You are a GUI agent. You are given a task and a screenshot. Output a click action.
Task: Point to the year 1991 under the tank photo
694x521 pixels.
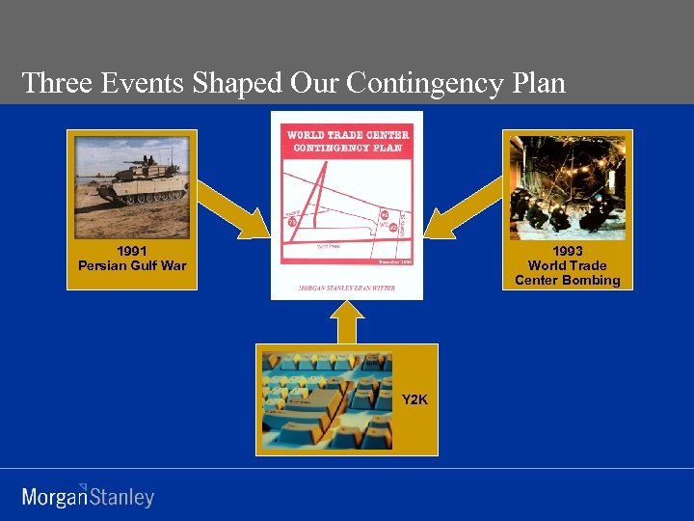pyautogui.click(x=132, y=251)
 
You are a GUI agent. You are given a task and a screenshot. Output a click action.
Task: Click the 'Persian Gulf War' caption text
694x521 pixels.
pyautogui.click(x=132, y=265)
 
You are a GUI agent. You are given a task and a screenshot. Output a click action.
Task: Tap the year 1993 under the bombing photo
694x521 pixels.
pyautogui.click(x=567, y=251)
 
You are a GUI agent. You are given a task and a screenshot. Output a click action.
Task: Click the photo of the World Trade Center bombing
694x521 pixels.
pyautogui.click(x=567, y=185)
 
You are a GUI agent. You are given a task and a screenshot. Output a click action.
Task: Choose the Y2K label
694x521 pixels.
pyautogui.click(x=414, y=398)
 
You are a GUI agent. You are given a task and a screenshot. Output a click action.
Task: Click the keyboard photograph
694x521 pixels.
pyautogui.click(x=328, y=399)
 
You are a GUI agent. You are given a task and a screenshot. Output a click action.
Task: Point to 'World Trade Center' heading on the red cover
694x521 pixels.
pyautogui.click(x=348, y=135)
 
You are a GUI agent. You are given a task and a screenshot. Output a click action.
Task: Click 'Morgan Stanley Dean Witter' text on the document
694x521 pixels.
pyautogui.click(x=347, y=288)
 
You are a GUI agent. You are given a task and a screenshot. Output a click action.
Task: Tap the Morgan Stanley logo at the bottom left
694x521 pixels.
pyautogui.click(x=88, y=496)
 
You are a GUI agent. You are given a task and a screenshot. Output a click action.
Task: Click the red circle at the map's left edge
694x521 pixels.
pyautogui.click(x=292, y=221)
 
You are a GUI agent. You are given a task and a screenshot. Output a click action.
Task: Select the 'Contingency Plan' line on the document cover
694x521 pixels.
pyautogui.click(x=348, y=148)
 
